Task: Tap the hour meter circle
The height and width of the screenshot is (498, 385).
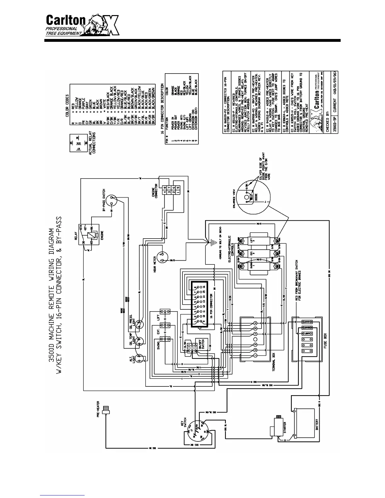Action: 163,257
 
